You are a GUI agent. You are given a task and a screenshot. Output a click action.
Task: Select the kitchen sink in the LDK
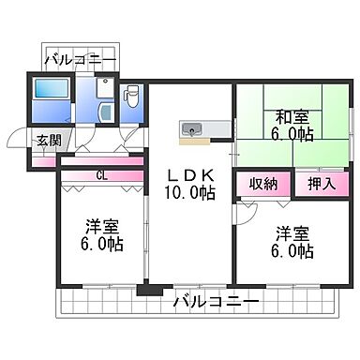coord(191,127)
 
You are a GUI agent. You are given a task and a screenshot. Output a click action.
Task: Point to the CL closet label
coord(98,174)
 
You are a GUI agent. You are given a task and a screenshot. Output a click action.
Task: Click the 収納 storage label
coord(262,183)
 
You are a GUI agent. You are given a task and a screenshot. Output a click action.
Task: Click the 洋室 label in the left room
coord(101,225)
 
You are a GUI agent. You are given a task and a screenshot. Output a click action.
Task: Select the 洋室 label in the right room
coord(291,232)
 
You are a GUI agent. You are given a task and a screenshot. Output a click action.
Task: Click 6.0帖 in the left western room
coord(101,244)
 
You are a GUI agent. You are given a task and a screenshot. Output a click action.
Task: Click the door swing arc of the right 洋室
coord(246,214)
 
